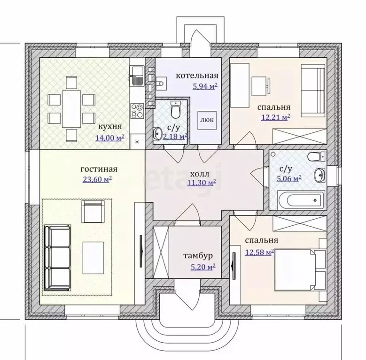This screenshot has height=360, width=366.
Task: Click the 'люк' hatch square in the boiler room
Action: coord(207,120)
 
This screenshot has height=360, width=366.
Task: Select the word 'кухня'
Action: coord(110,127)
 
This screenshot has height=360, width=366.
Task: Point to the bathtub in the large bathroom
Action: coord(301,200)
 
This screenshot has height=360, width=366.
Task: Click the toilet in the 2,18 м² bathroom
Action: coord(176,109)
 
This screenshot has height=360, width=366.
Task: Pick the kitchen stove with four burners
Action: coord(137,110)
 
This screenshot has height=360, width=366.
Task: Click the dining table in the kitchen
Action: coord(71,109)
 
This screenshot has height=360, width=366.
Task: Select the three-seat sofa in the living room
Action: coord(57,258)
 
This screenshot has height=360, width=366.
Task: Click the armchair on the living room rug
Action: coord(93,212)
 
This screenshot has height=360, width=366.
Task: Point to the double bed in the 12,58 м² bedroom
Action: coord(300,270)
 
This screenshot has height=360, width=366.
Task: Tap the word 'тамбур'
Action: coord(198,256)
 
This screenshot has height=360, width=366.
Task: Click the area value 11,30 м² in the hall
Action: coord(202,183)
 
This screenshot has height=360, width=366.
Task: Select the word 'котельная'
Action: coord(197,76)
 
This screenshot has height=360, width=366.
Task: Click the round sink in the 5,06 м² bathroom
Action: coord(319,175)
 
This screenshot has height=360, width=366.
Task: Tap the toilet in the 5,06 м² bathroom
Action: coord(316,157)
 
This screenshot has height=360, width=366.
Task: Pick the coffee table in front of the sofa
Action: coord(93,258)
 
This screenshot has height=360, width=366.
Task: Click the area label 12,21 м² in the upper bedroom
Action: coord(276,117)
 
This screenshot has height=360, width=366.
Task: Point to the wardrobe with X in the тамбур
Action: coord(161,252)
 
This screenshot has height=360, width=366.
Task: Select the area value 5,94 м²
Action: coord(205,86)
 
